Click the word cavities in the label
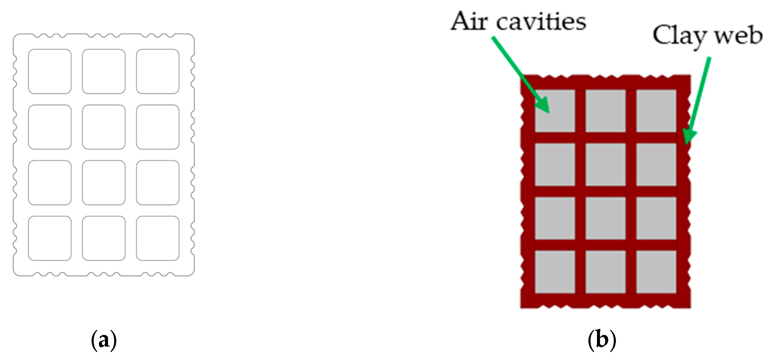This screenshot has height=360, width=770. pos(541,22)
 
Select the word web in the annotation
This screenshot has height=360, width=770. pos(739,36)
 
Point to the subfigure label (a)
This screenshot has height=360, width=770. pos(104,340)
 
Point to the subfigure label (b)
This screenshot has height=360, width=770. pos(602,340)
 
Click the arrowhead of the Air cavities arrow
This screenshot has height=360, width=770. pos(543,106)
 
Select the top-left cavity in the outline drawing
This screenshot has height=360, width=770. pos(50,71)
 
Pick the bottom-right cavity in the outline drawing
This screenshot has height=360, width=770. pos(157,238)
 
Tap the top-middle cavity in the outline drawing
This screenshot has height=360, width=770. pos(104,71)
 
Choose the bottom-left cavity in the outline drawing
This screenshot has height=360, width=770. pos(50,238)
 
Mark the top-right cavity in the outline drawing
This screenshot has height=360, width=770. pos(157,71)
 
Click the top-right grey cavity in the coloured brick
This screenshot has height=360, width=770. pos(656,111)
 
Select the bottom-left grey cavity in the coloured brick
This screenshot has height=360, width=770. pos(555,272)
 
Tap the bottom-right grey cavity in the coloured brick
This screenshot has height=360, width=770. pos(656,272)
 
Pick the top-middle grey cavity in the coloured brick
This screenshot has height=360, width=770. pos(606,111)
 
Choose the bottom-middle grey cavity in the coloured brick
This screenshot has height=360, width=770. pos(606,272)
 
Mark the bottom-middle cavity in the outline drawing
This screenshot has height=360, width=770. pos(104,238)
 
